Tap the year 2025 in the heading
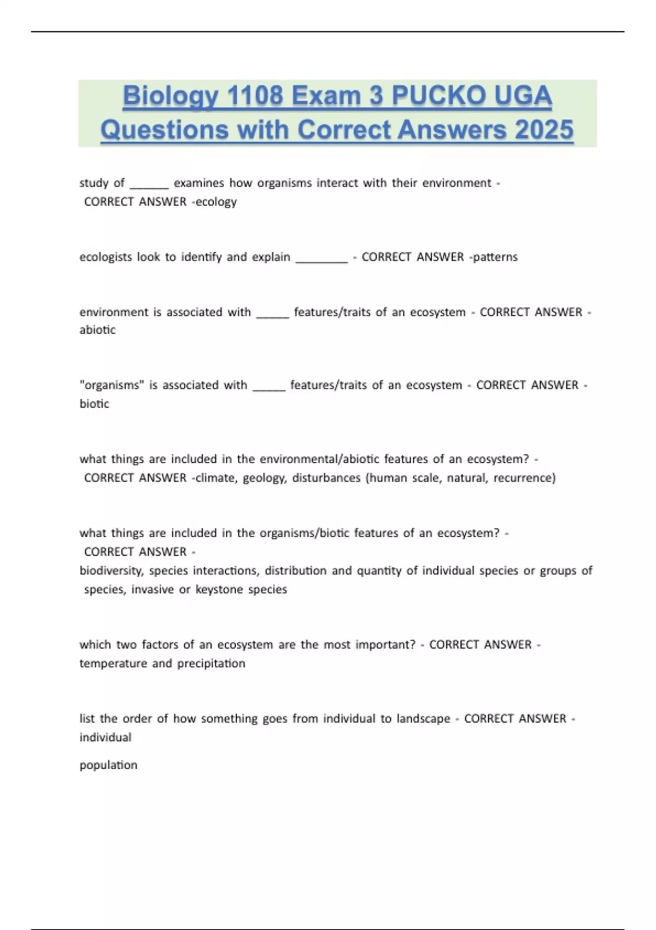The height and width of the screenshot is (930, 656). (x=544, y=130)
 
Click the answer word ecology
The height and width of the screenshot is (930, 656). (x=216, y=202)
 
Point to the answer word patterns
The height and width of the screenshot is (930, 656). (x=495, y=257)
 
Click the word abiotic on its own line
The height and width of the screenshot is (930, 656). (x=97, y=330)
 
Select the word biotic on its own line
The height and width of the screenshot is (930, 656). (x=94, y=404)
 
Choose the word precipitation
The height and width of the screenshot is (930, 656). (x=210, y=664)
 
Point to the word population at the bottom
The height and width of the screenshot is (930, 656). (x=108, y=765)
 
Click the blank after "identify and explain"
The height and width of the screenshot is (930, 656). (x=321, y=259)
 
